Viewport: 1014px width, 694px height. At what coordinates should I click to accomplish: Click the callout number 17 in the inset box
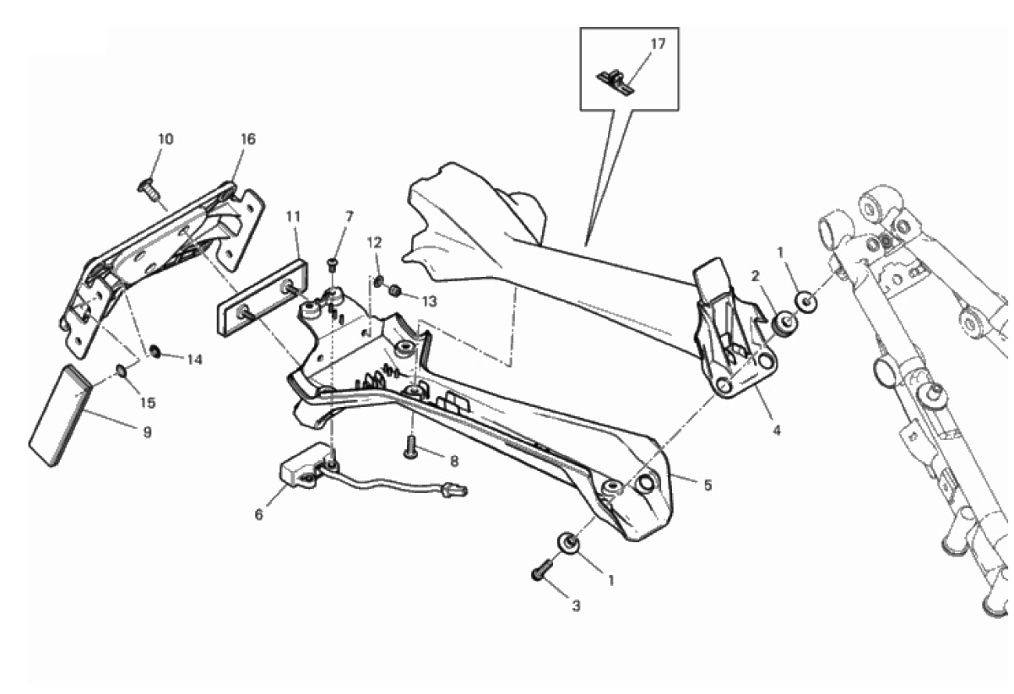click(x=659, y=44)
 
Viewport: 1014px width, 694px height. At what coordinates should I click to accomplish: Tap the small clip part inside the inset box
click(x=616, y=82)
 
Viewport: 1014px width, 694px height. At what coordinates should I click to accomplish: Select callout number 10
click(x=165, y=139)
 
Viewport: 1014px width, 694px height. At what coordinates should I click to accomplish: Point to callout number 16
click(x=248, y=139)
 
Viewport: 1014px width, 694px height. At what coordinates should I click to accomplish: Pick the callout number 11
click(x=293, y=217)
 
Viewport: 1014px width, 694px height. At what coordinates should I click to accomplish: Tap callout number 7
click(x=350, y=217)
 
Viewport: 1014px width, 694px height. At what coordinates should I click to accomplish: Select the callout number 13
click(x=430, y=301)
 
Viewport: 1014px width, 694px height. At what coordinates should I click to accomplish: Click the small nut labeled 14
click(x=155, y=351)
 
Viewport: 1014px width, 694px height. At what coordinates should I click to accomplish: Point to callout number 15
click(x=148, y=403)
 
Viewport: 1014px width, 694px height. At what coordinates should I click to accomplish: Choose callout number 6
click(x=259, y=515)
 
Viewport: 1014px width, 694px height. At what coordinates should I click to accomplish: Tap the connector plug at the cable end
click(x=455, y=491)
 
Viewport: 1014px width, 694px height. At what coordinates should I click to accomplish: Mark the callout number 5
click(x=708, y=485)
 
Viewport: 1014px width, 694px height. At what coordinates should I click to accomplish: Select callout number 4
click(x=777, y=431)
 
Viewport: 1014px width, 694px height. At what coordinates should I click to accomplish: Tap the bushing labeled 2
click(x=785, y=324)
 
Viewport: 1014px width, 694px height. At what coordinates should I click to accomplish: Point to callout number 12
click(x=375, y=243)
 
